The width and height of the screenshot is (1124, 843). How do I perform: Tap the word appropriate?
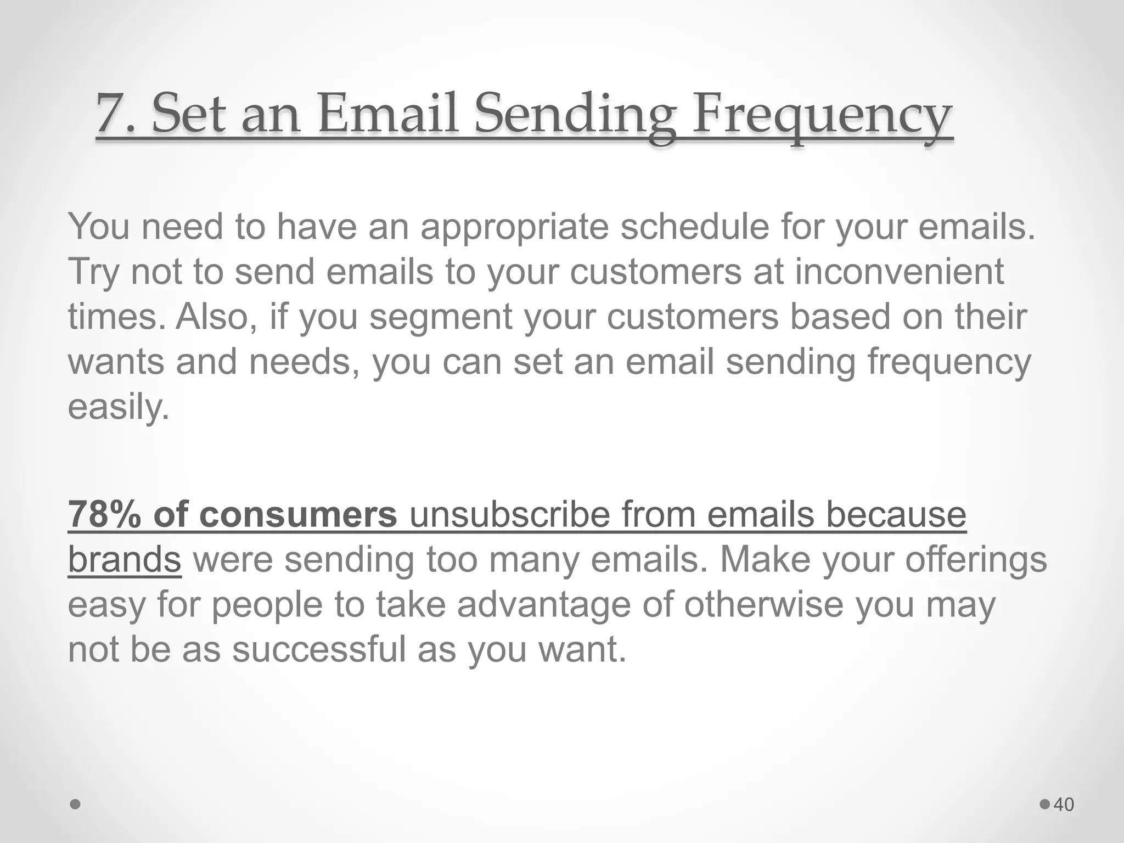(514, 227)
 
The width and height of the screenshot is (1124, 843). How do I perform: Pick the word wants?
(116, 363)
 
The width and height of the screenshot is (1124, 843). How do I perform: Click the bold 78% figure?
(104, 515)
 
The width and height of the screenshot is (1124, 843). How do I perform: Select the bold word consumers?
(298, 515)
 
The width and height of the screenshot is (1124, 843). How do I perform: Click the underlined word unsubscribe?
(510, 515)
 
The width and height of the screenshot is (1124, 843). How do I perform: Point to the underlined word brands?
(124, 560)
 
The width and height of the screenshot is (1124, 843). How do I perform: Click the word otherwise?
(763, 605)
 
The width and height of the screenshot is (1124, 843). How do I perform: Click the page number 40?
(1064, 805)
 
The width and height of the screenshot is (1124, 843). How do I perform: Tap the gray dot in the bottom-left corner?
(76, 805)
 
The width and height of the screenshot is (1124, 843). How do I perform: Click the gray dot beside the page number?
(1045, 805)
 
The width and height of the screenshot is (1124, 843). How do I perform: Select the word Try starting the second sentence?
(93, 273)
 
